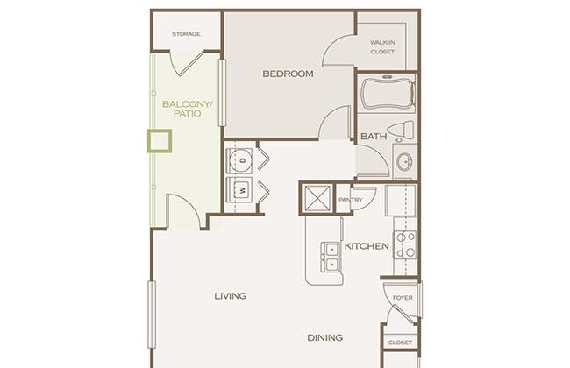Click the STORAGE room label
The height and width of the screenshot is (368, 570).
click(186, 34)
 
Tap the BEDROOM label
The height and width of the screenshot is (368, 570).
click(288, 74)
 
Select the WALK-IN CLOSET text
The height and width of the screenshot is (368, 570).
click(382, 46)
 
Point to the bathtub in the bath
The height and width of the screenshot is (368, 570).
click(388, 94)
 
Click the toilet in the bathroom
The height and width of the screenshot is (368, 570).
click(402, 130)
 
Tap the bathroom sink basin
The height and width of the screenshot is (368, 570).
click(404, 161)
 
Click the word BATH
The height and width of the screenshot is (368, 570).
click(374, 137)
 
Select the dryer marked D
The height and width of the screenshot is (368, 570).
click(239, 160)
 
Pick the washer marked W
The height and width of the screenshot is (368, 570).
click(239, 189)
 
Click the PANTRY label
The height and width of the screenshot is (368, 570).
click(351, 200)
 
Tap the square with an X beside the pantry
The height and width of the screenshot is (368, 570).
click(317, 198)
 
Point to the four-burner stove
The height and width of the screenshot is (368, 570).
click(405, 244)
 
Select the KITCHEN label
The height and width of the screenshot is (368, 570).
click(367, 246)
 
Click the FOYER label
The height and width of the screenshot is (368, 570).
click(403, 298)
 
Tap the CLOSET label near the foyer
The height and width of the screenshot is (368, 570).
click(400, 343)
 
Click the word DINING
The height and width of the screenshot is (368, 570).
click(325, 338)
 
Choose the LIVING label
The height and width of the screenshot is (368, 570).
click(231, 296)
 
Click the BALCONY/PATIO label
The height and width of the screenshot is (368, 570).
click(187, 109)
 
